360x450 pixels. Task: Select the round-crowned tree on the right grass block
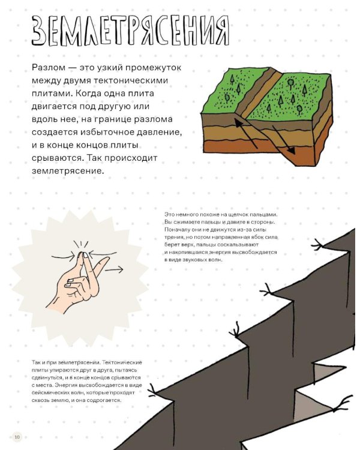(290, 82)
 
